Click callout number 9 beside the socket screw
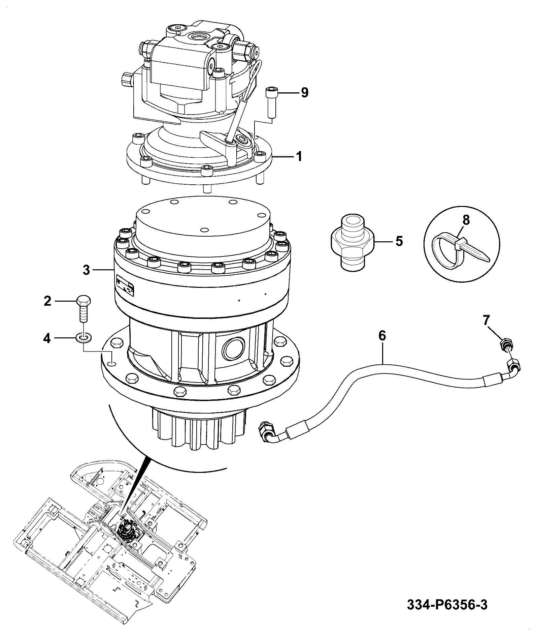coord(304,92)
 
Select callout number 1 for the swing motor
coord(299,157)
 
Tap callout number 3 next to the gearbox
coord(87,270)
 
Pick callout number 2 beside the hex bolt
coord(47,301)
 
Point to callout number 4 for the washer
coord(47,338)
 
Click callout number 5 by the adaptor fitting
coord(399,241)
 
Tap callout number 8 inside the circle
coord(466,220)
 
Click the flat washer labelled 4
coord(84,337)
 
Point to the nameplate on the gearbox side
coord(125,286)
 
